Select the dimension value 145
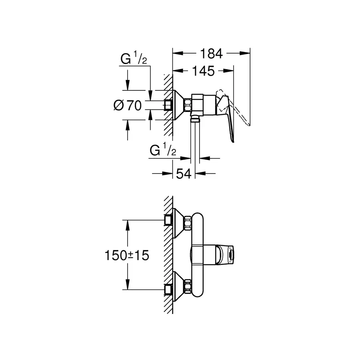(x=202, y=71)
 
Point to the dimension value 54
(x=184, y=173)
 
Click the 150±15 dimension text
(x=127, y=255)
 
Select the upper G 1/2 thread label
(x=134, y=60)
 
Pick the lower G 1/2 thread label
(x=163, y=151)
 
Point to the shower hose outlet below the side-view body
(x=196, y=118)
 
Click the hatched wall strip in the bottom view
(x=168, y=256)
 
